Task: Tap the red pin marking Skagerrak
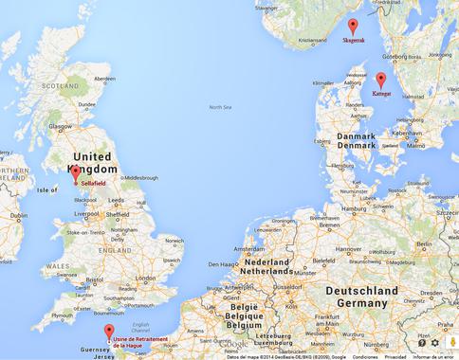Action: [352, 27]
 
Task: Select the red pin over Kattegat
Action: [381, 81]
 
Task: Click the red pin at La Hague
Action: [109, 333]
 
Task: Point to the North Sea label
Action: [220, 107]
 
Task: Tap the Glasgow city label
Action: [61, 125]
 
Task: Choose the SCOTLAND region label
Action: [60, 85]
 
